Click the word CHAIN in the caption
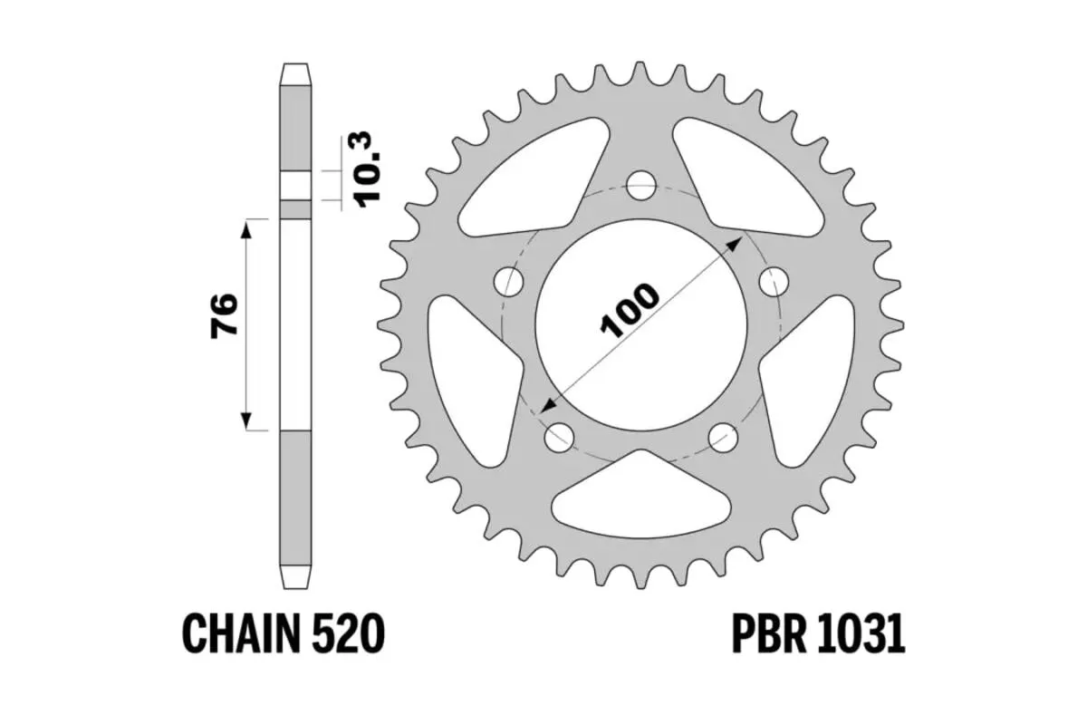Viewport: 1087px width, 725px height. (240, 633)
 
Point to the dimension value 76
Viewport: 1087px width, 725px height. (224, 315)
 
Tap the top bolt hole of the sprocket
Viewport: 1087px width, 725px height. (640, 187)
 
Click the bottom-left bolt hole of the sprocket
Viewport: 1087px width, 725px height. (559, 438)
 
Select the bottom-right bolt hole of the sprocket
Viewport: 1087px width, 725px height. (723, 438)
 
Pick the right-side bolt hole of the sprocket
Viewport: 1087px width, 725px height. (773, 282)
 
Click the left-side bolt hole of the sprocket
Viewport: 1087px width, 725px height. (509, 282)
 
